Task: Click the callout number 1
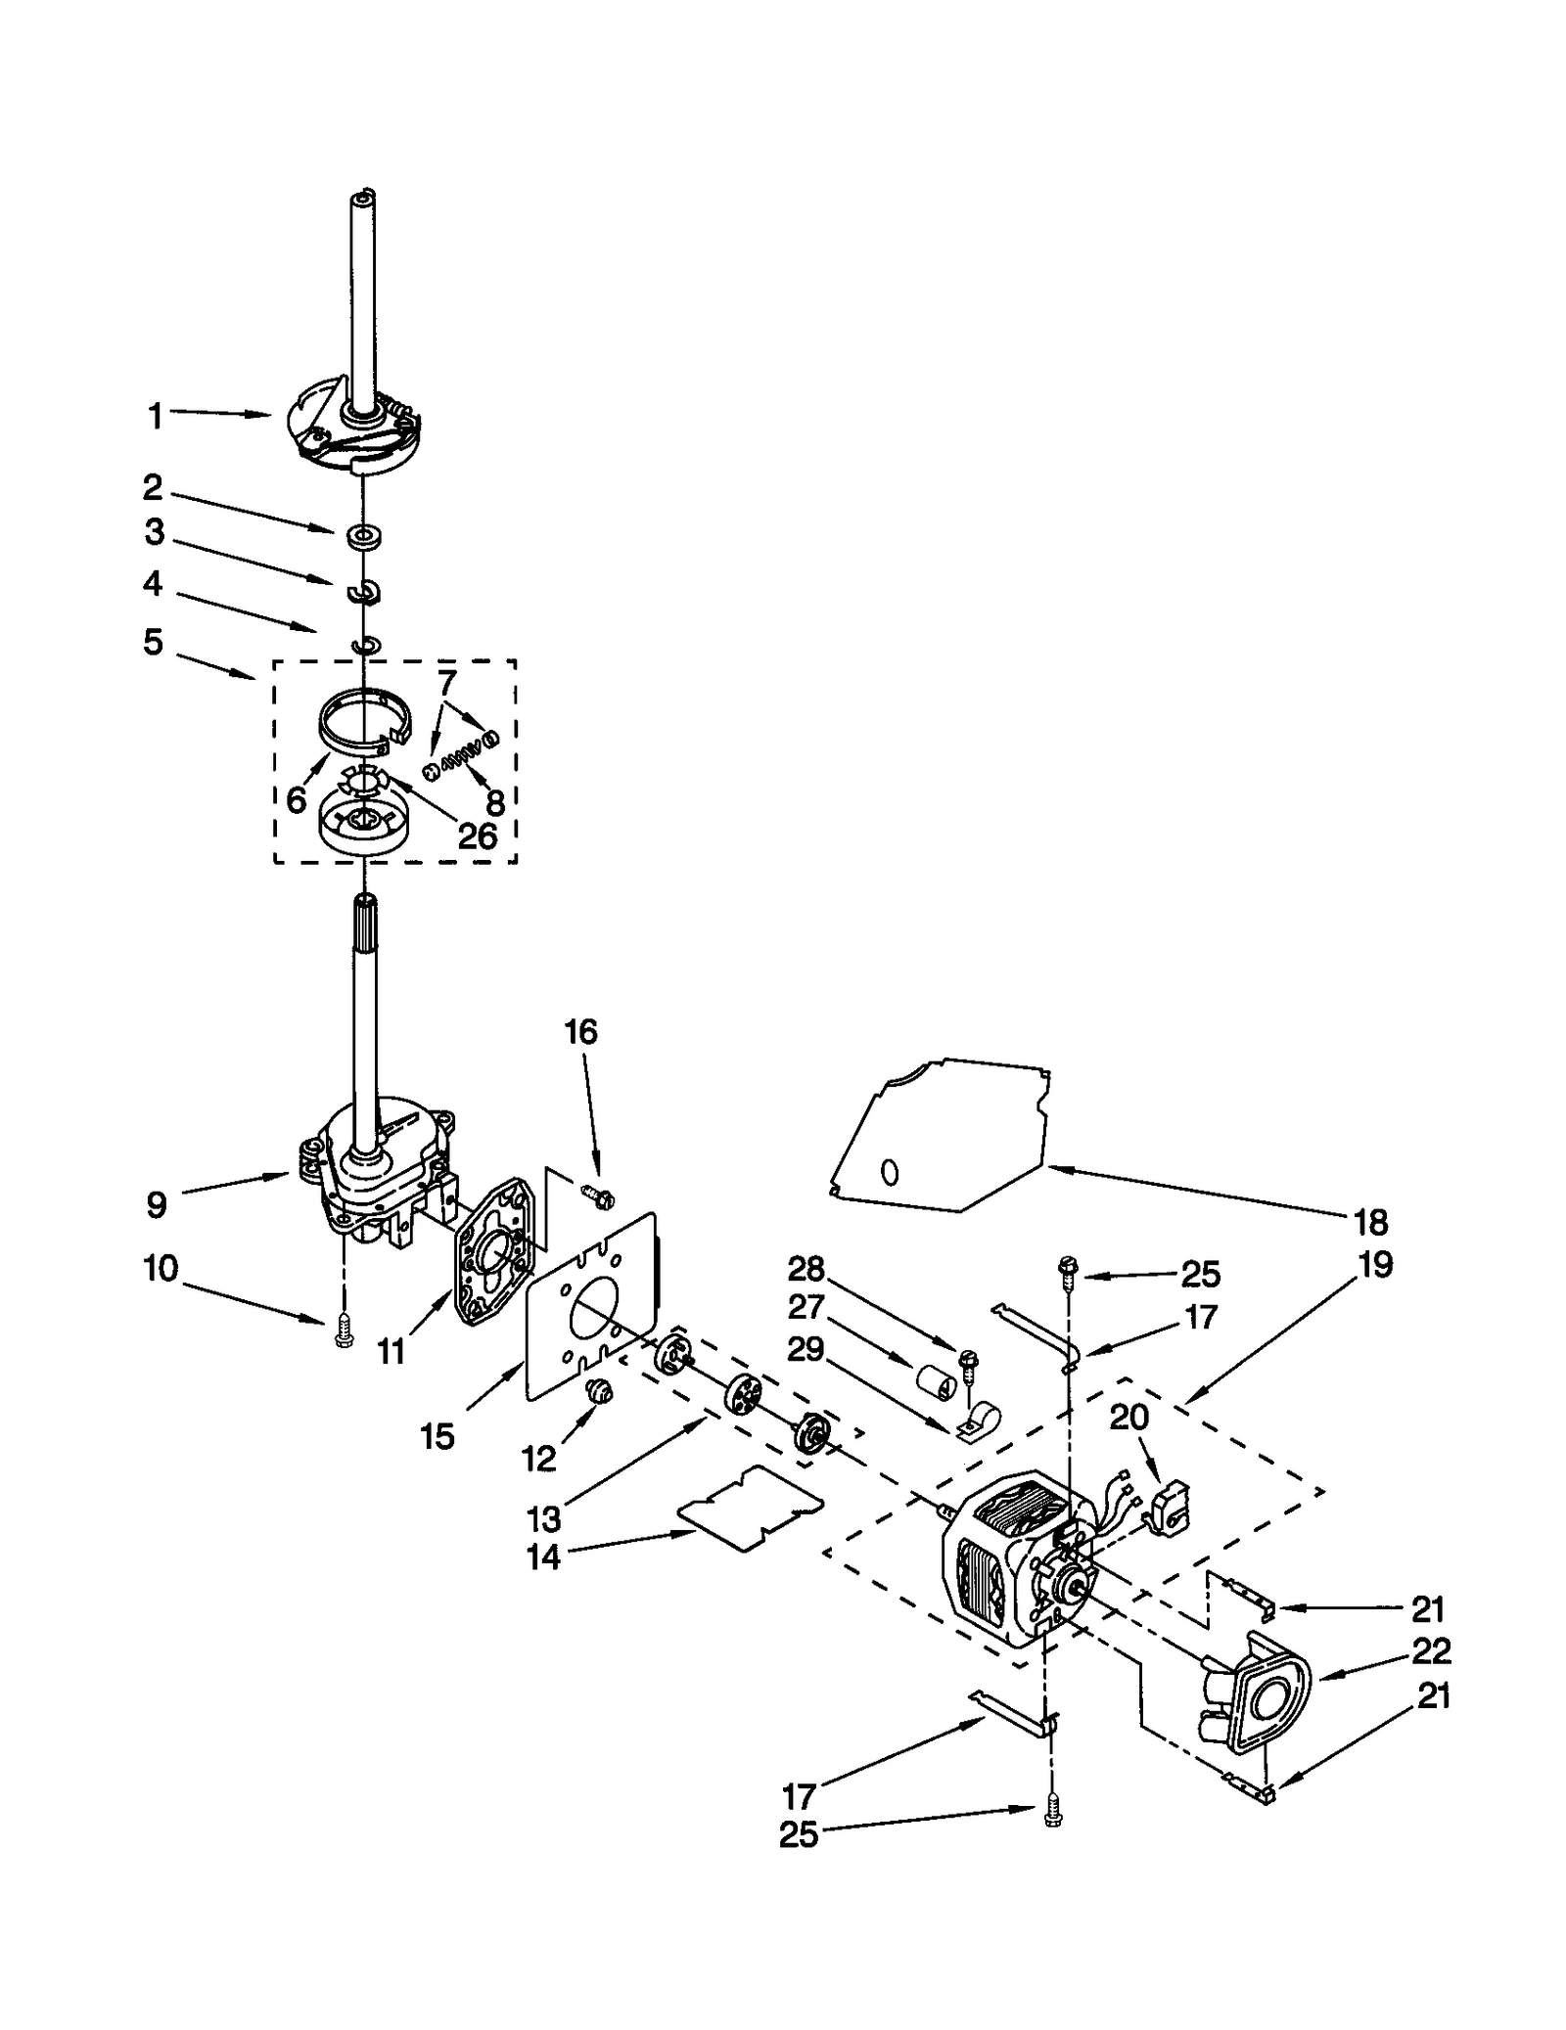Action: pos(155,417)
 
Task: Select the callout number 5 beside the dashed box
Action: pos(153,643)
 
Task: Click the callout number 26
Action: pos(478,835)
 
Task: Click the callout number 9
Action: pos(157,1204)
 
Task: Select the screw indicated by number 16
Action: pos(595,1194)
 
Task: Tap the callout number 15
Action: pos(438,1436)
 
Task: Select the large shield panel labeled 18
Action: pos(940,1135)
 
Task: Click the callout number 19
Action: pos(1375,1265)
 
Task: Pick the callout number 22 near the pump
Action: pos(1431,1651)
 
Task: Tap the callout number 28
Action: pos(806,1270)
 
